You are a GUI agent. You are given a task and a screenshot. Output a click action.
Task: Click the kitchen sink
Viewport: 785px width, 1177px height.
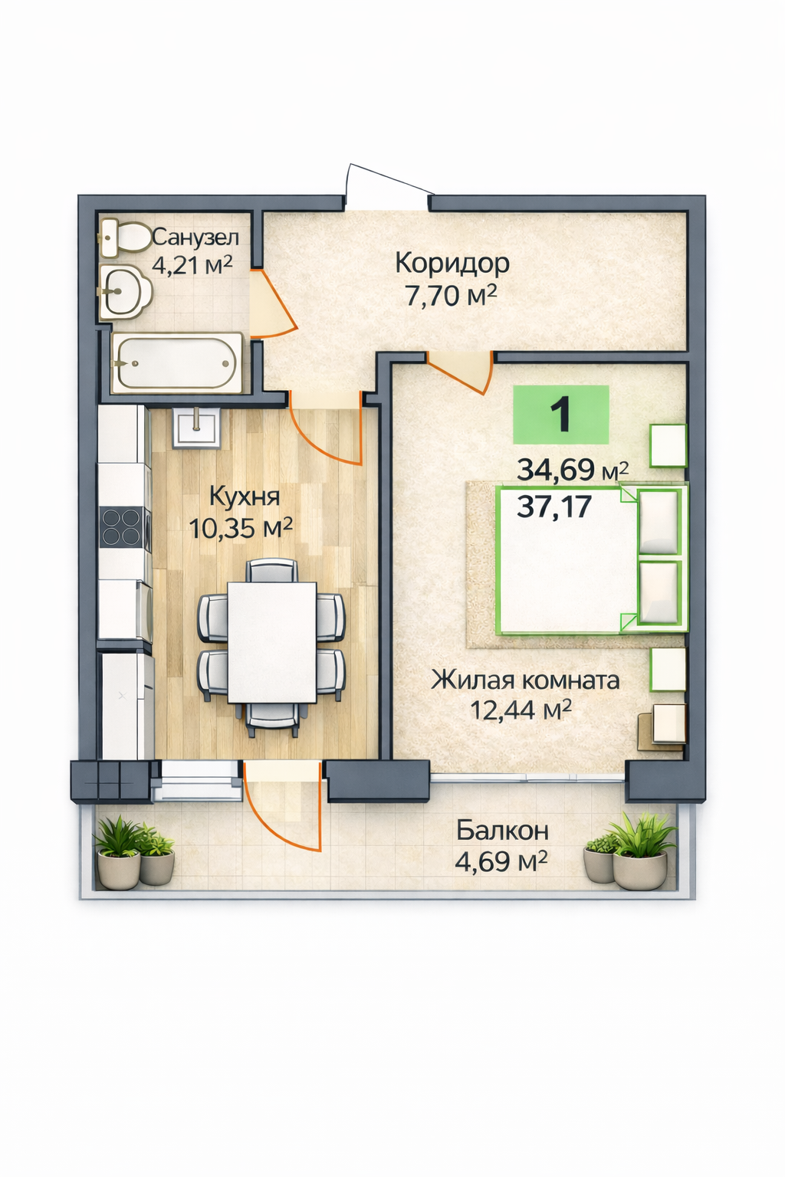[x=196, y=427]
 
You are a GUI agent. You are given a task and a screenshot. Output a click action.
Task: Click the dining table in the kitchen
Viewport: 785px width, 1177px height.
[x=272, y=642]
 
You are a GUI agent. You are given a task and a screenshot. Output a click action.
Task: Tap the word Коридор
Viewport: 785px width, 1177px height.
[x=452, y=264]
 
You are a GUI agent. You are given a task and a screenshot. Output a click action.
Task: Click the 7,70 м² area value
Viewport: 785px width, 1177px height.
[x=451, y=296]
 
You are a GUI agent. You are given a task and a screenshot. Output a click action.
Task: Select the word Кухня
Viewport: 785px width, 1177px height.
[x=245, y=497]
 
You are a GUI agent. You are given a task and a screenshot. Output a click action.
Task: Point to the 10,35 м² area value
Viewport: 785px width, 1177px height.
[x=240, y=528]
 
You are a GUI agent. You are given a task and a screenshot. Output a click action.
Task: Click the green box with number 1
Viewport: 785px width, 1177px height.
[x=561, y=415]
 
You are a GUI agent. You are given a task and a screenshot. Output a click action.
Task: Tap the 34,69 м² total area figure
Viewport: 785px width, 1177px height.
[x=573, y=470]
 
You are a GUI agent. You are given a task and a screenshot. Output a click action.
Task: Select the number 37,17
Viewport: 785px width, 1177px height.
[x=554, y=507]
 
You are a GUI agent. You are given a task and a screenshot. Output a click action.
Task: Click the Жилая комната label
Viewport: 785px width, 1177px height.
[x=525, y=681]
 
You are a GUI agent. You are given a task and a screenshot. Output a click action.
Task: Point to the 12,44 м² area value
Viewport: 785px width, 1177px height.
[x=521, y=711]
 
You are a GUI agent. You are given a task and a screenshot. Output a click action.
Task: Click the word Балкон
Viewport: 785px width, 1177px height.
[x=502, y=831]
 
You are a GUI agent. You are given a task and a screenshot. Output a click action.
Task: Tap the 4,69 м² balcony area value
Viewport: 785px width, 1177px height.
[x=501, y=862]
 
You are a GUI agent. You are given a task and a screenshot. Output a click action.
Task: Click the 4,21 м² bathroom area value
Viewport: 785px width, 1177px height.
[x=192, y=266]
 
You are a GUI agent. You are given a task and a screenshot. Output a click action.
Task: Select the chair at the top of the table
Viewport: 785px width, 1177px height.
[x=272, y=570]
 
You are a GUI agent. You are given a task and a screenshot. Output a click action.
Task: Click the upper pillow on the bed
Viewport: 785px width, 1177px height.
[x=657, y=522]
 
